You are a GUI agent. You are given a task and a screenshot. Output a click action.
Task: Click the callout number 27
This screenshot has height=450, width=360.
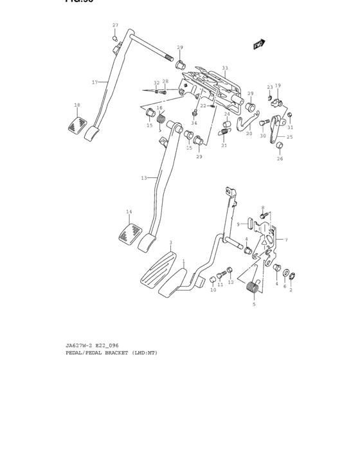(x=115, y=26)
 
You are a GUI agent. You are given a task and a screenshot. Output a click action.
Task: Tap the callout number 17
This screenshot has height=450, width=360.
(x=94, y=82)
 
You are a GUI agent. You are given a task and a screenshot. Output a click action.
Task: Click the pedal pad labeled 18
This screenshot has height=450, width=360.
(x=77, y=125)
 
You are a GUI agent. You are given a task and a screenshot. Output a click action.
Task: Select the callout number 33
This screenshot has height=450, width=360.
(x=225, y=68)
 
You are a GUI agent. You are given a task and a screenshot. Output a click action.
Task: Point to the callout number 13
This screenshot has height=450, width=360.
(x=144, y=177)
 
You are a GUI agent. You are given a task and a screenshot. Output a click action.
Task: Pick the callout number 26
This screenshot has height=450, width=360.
(x=280, y=159)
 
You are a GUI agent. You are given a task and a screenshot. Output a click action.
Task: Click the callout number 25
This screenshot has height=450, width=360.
(x=289, y=137)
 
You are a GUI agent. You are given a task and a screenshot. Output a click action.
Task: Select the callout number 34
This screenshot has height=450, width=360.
(x=194, y=123)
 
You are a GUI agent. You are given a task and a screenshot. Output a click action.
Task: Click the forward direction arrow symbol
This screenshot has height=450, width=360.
(x=259, y=44)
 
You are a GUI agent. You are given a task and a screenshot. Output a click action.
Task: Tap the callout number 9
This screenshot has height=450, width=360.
(x=238, y=224)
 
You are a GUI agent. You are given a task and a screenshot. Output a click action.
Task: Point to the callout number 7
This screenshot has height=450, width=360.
(x=285, y=240)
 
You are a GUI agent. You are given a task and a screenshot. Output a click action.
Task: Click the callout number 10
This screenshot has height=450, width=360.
(x=213, y=290)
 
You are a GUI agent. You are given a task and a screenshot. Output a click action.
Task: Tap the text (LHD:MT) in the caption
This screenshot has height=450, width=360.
(x=145, y=353)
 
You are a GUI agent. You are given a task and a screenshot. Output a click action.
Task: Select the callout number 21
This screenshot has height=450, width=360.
(x=224, y=145)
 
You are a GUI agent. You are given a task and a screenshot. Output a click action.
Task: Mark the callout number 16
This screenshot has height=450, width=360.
(x=159, y=108)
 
